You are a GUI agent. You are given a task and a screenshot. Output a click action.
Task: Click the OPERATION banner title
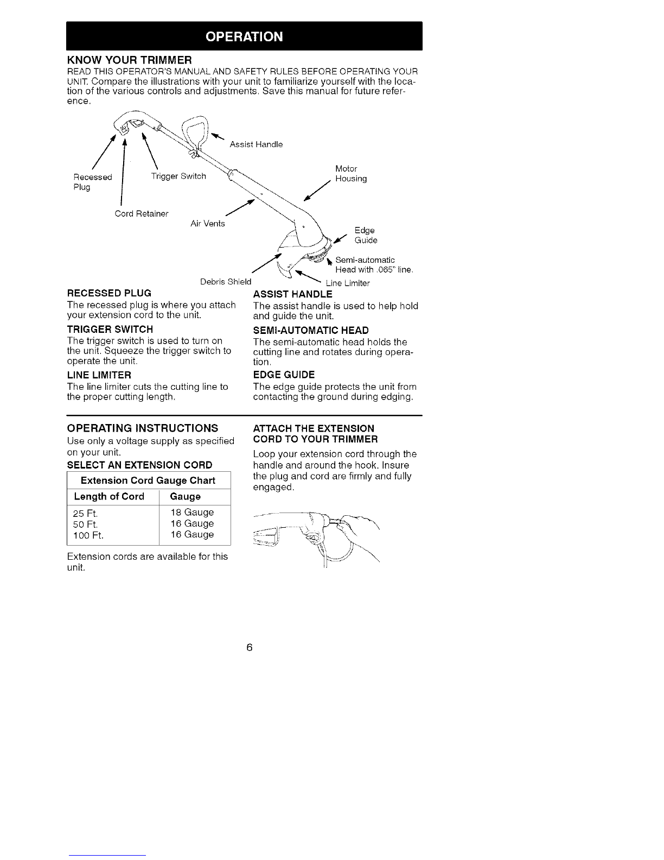click(x=244, y=36)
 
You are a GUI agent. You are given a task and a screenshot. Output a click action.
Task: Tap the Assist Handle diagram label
click(x=256, y=144)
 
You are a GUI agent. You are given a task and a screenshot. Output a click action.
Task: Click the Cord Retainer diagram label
click(x=142, y=213)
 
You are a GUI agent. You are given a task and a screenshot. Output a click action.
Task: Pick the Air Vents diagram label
click(x=207, y=224)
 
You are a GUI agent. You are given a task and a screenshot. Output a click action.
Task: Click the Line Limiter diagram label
click(x=347, y=283)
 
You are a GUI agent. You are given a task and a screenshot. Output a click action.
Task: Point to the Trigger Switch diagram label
click(x=178, y=176)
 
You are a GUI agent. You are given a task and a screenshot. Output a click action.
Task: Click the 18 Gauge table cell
click(x=192, y=513)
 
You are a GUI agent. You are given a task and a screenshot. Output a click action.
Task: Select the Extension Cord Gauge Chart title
click(x=148, y=480)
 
